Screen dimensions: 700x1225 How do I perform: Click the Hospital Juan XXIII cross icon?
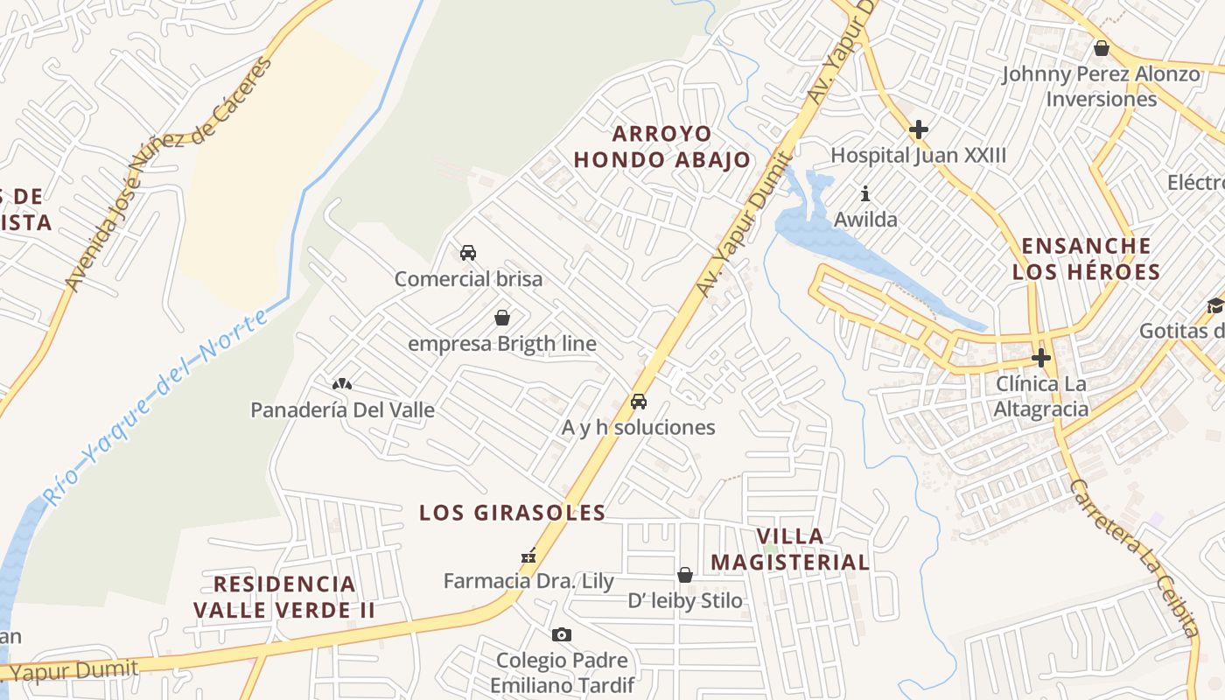(918, 130)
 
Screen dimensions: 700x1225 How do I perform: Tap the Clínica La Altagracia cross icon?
(1040, 358)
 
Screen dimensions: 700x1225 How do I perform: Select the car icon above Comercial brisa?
(468, 253)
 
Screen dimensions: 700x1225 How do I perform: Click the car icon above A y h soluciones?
(639, 402)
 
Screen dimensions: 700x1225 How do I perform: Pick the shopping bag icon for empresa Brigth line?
(502, 318)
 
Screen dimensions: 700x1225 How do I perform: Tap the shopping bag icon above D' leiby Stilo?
(685, 575)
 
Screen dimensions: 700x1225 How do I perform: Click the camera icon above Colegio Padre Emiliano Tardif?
(562, 634)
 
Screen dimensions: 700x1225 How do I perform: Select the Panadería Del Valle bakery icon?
(341, 383)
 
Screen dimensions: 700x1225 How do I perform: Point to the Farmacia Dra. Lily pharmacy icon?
(528, 555)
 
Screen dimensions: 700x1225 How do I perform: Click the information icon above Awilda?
(865, 192)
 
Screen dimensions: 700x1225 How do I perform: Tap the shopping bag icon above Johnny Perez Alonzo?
(1102, 48)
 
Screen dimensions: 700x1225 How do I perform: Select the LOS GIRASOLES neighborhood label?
(512, 513)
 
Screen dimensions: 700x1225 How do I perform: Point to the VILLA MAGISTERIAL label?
(790, 549)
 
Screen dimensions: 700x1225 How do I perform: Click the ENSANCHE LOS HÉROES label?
(1086, 258)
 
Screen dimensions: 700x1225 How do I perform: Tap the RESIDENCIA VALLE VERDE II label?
(284, 596)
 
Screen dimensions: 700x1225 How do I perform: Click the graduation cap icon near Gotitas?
(1214, 305)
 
